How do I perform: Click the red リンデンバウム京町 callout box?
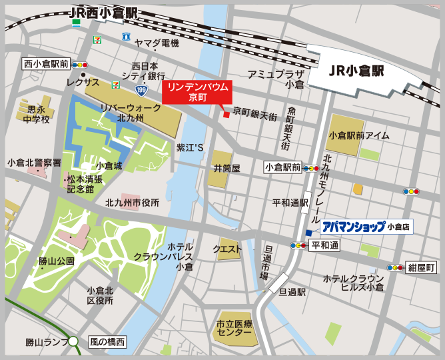pos(198,92)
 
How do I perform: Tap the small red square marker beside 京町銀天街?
pos(226,115)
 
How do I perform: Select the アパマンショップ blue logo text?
pos(353,227)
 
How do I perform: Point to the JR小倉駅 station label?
pos(352,69)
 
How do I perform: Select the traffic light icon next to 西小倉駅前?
pos(81,65)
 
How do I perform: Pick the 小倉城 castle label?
pos(109,165)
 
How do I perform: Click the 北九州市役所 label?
pos(132,202)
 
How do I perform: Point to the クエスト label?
pos(226,249)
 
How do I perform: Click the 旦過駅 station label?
pos(292,292)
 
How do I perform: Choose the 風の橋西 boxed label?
pos(107,343)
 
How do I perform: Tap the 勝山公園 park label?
pos(56,261)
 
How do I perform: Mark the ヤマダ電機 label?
pos(157,43)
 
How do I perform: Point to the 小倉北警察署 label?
pos(34,162)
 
